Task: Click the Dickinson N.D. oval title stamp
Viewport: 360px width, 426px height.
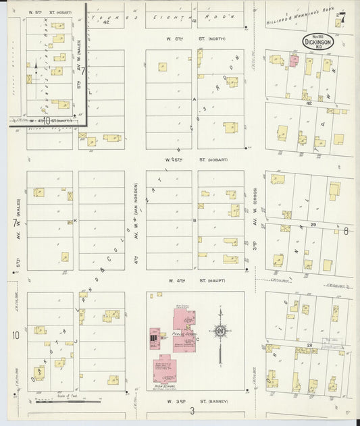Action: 317,42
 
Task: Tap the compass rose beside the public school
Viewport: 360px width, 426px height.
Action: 220,331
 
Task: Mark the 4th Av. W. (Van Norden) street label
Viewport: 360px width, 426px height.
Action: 136,219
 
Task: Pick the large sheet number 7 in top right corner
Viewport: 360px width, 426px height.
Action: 343,18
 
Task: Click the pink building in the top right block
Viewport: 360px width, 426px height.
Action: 294,61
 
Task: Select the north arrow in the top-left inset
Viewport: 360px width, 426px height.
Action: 36,68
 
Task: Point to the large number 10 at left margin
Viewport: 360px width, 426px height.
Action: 14,335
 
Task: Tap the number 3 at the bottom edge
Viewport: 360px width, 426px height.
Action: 192,410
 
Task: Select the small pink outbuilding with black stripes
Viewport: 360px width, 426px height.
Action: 155,336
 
